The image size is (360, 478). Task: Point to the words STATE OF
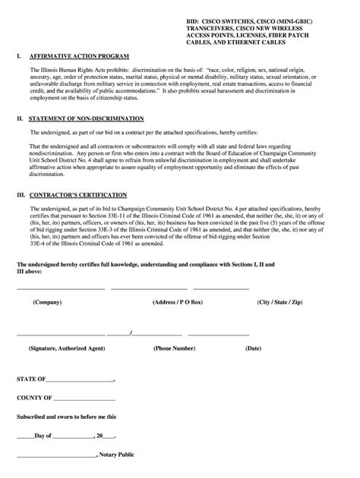pos(31,378)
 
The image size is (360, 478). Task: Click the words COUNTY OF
pos(34,397)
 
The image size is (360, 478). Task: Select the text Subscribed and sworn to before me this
pos(67,417)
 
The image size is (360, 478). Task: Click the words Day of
pos(43,436)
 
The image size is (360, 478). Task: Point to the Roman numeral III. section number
pos(21,194)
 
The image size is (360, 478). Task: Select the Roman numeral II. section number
pos(21,118)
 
